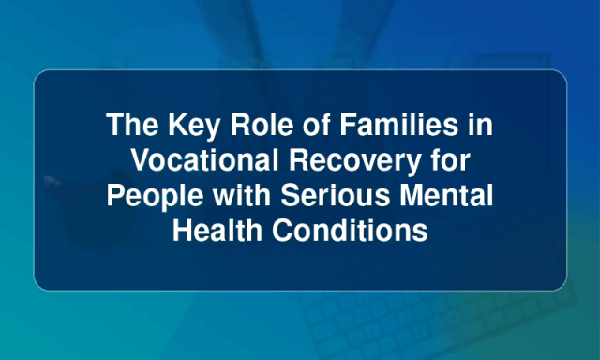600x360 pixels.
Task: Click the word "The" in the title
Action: [132, 125]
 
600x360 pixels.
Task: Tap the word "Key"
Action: [194, 127]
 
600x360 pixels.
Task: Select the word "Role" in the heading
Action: [262, 125]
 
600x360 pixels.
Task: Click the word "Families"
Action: [399, 125]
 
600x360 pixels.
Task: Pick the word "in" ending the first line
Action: [481, 125]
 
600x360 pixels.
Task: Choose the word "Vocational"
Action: [204, 159]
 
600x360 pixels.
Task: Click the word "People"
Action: [155, 197]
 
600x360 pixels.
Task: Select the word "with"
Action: [242, 194]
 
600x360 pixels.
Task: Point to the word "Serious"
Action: [336, 195]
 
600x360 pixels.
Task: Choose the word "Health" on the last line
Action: [217, 230]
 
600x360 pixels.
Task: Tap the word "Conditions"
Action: [350, 230]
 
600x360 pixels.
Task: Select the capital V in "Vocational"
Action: [142, 159]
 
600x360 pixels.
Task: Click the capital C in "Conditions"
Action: [283, 230]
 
